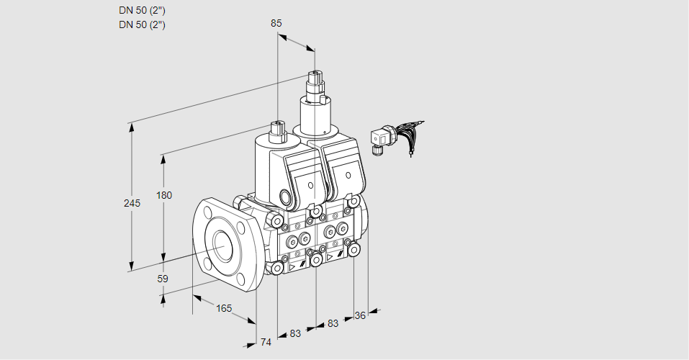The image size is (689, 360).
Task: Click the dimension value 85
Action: [276, 23]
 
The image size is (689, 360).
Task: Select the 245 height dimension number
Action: [131, 203]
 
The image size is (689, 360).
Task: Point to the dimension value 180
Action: [164, 195]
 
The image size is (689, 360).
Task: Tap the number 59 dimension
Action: [163, 279]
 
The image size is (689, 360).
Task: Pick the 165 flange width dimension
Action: [224, 308]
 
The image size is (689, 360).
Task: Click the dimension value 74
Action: [266, 342]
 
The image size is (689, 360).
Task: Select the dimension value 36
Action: [361, 314]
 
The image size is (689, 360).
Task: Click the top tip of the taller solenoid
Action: [314, 73]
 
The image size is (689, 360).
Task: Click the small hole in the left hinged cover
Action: [310, 186]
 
